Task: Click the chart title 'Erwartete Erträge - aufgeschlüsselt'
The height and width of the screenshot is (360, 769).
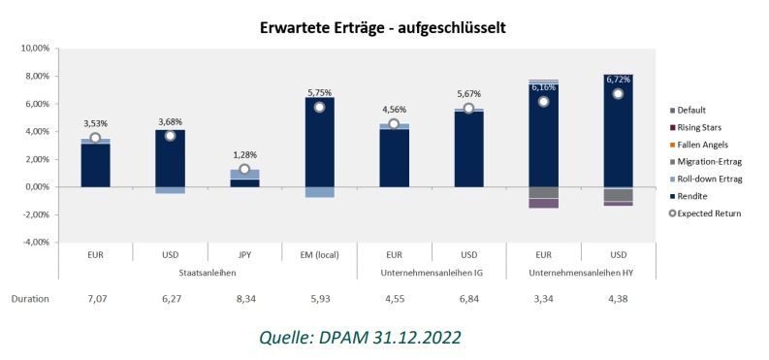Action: click(x=383, y=28)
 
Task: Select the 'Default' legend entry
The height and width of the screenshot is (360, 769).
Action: click(x=692, y=110)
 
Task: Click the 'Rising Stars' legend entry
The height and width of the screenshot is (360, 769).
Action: click(x=698, y=127)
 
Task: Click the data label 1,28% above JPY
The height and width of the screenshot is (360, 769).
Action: click(x=244, y=154)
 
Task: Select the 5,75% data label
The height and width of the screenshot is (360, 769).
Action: click(x=319, y=91)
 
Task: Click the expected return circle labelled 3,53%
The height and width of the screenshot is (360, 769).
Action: click(x=95, y=138)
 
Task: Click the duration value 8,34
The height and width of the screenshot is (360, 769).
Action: click(x=244, y=299)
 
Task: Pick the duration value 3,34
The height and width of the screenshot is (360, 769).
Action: click(x=543, y=299)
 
